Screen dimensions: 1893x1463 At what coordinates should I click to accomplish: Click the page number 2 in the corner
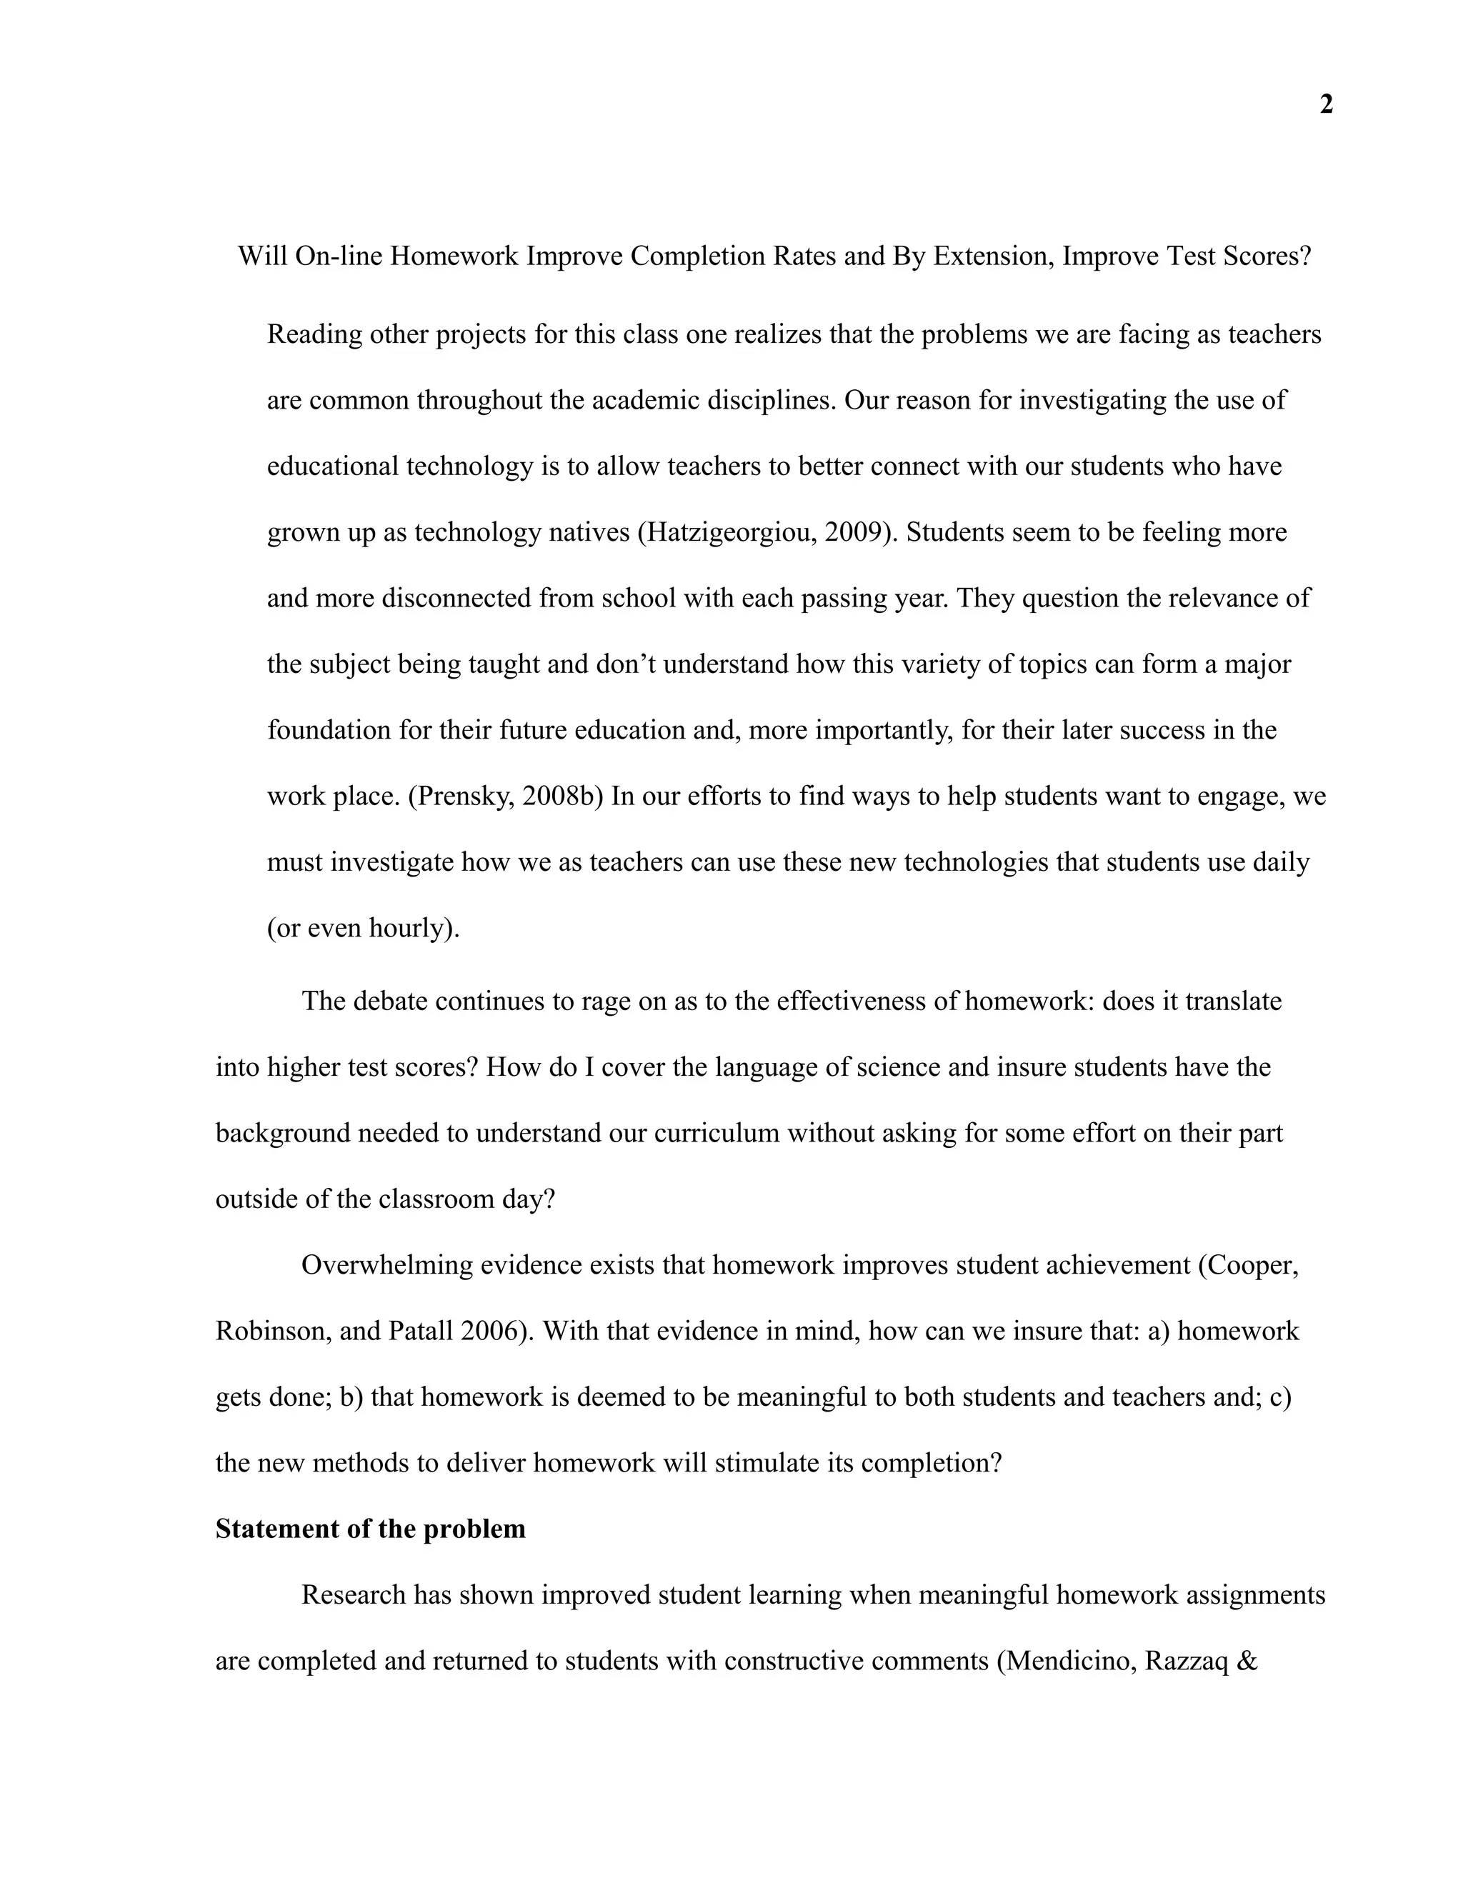coord(1326,105)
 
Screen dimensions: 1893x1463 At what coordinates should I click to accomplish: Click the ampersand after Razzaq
coord(1249,1662)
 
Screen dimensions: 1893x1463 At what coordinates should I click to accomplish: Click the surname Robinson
coord(271,1332)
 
